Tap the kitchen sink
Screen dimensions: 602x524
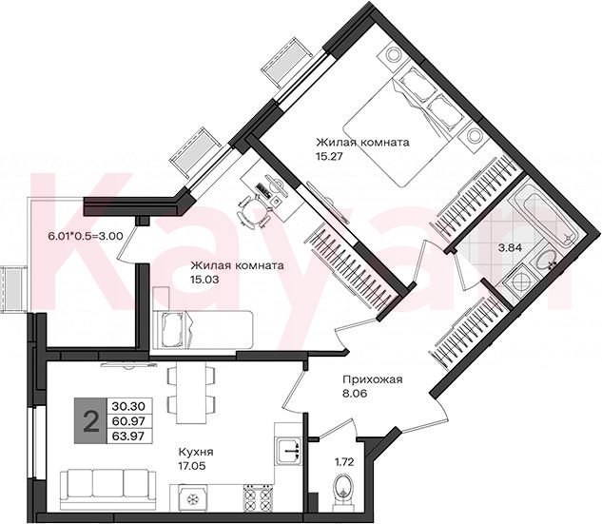point(289,450)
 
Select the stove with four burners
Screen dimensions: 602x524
point(258,498)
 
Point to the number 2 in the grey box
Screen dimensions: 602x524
point(90,421)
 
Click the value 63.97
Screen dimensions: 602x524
point(128,437)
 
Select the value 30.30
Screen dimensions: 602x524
point(128,405)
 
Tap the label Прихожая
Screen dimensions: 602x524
point(373,379)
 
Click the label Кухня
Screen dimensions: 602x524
point(196,452)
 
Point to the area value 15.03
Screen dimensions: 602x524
point(204,280)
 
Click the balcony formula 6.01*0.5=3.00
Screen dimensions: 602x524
point(86,236)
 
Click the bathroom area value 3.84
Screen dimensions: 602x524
point(510,247)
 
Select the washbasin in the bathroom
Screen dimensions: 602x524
point(542,261)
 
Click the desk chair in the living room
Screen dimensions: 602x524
point(254,212)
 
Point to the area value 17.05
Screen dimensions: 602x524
point(191,466)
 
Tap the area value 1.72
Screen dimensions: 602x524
point(344,462)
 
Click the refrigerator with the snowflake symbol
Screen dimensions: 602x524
point(189,498)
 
